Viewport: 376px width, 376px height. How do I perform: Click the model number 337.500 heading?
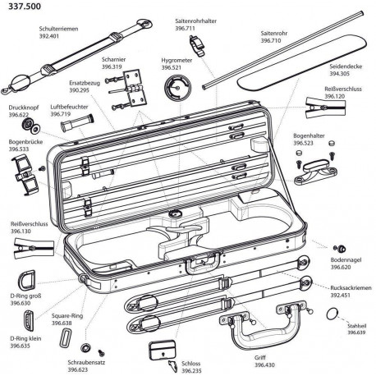pyautogui.click(x=25, y=6)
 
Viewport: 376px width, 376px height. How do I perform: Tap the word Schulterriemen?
pyautogui.click(x=58, y=29)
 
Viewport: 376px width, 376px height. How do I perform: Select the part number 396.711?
pyautogui.click(x=185, y=28)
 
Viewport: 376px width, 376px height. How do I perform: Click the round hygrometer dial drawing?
pyautogui.click(x=178, y=88)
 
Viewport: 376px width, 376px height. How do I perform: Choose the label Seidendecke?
pyautogui.click(x=346, y=66)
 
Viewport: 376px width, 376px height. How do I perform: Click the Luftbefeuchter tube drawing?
pyautogui.click(x=77, y=124)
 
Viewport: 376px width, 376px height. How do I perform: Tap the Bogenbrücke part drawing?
pyautogui.click(x=25, y=174)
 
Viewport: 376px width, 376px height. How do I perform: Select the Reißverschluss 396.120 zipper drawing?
pyautogui.click(x=325, y=108)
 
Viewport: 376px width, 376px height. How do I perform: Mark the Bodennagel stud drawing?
pyautogui.click(x=340, y=249)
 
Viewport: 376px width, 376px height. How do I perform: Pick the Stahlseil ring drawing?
pyautogui.click(x=332, y=314)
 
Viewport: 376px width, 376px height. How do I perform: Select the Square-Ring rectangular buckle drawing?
pyautogui.click(x=65, y=337)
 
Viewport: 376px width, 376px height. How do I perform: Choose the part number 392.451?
pyautogui.click(x=340, y=296)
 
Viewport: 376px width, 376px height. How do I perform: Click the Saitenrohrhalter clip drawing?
pyautogui.click(x=198, y=45)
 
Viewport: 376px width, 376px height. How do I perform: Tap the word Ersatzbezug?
pyautogui.click(x=85, y=83)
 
